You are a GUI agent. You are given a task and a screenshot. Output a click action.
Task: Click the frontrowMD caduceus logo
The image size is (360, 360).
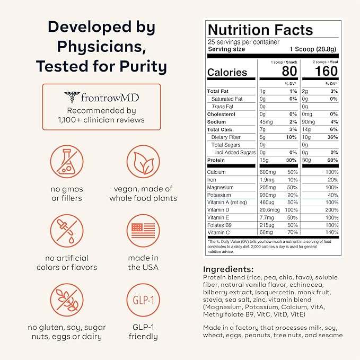tap(72, 96)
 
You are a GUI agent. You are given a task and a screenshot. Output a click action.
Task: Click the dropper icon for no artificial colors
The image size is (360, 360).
tap(67, 232)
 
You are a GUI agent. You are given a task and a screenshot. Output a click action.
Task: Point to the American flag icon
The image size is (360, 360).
tap(142, 232)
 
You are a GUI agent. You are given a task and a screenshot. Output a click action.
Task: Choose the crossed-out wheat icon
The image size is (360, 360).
tap(67, 303)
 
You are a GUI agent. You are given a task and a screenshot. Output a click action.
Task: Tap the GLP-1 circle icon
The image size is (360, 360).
tap(142, 303)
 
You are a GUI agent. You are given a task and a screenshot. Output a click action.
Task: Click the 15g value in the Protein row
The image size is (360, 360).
tap(263, 160)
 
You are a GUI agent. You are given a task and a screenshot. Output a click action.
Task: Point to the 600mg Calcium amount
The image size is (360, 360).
tap(267, 172)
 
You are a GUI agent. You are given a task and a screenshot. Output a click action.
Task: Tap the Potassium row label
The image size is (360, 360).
tap(220, 195)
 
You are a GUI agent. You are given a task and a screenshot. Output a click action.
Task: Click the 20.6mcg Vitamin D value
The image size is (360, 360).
tap(269, 210)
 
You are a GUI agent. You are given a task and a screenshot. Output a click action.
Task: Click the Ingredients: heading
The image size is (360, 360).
tap(229, 269)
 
